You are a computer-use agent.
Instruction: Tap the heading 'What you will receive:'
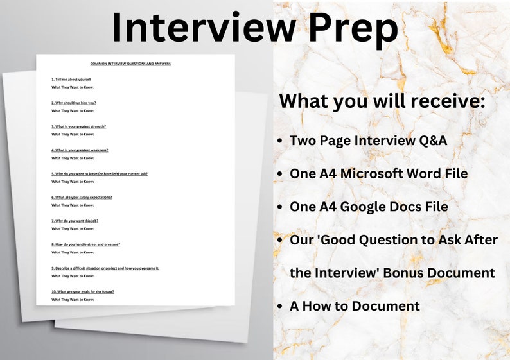(x=383, y=101)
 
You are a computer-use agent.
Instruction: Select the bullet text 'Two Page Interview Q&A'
(x=368, y=140)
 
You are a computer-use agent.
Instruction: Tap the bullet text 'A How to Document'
(x=355, y=306)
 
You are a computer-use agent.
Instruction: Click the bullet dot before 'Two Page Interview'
(x=279, y=141)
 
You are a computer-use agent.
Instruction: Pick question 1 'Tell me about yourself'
(x=71, y=80)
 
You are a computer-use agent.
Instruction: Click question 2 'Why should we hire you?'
(x=74, y=103)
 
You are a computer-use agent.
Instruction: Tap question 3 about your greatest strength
(x=78, y=126)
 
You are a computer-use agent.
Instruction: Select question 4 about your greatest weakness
(x=80, y=150)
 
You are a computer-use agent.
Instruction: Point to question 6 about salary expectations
(x=82, y=197)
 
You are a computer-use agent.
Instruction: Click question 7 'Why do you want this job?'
(x=75, y=221)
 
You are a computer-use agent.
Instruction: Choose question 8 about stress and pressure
(x=85, y=244)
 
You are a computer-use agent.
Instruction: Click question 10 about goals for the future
(x=82, y=291)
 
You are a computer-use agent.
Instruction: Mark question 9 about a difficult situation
(x=105, y=268)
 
